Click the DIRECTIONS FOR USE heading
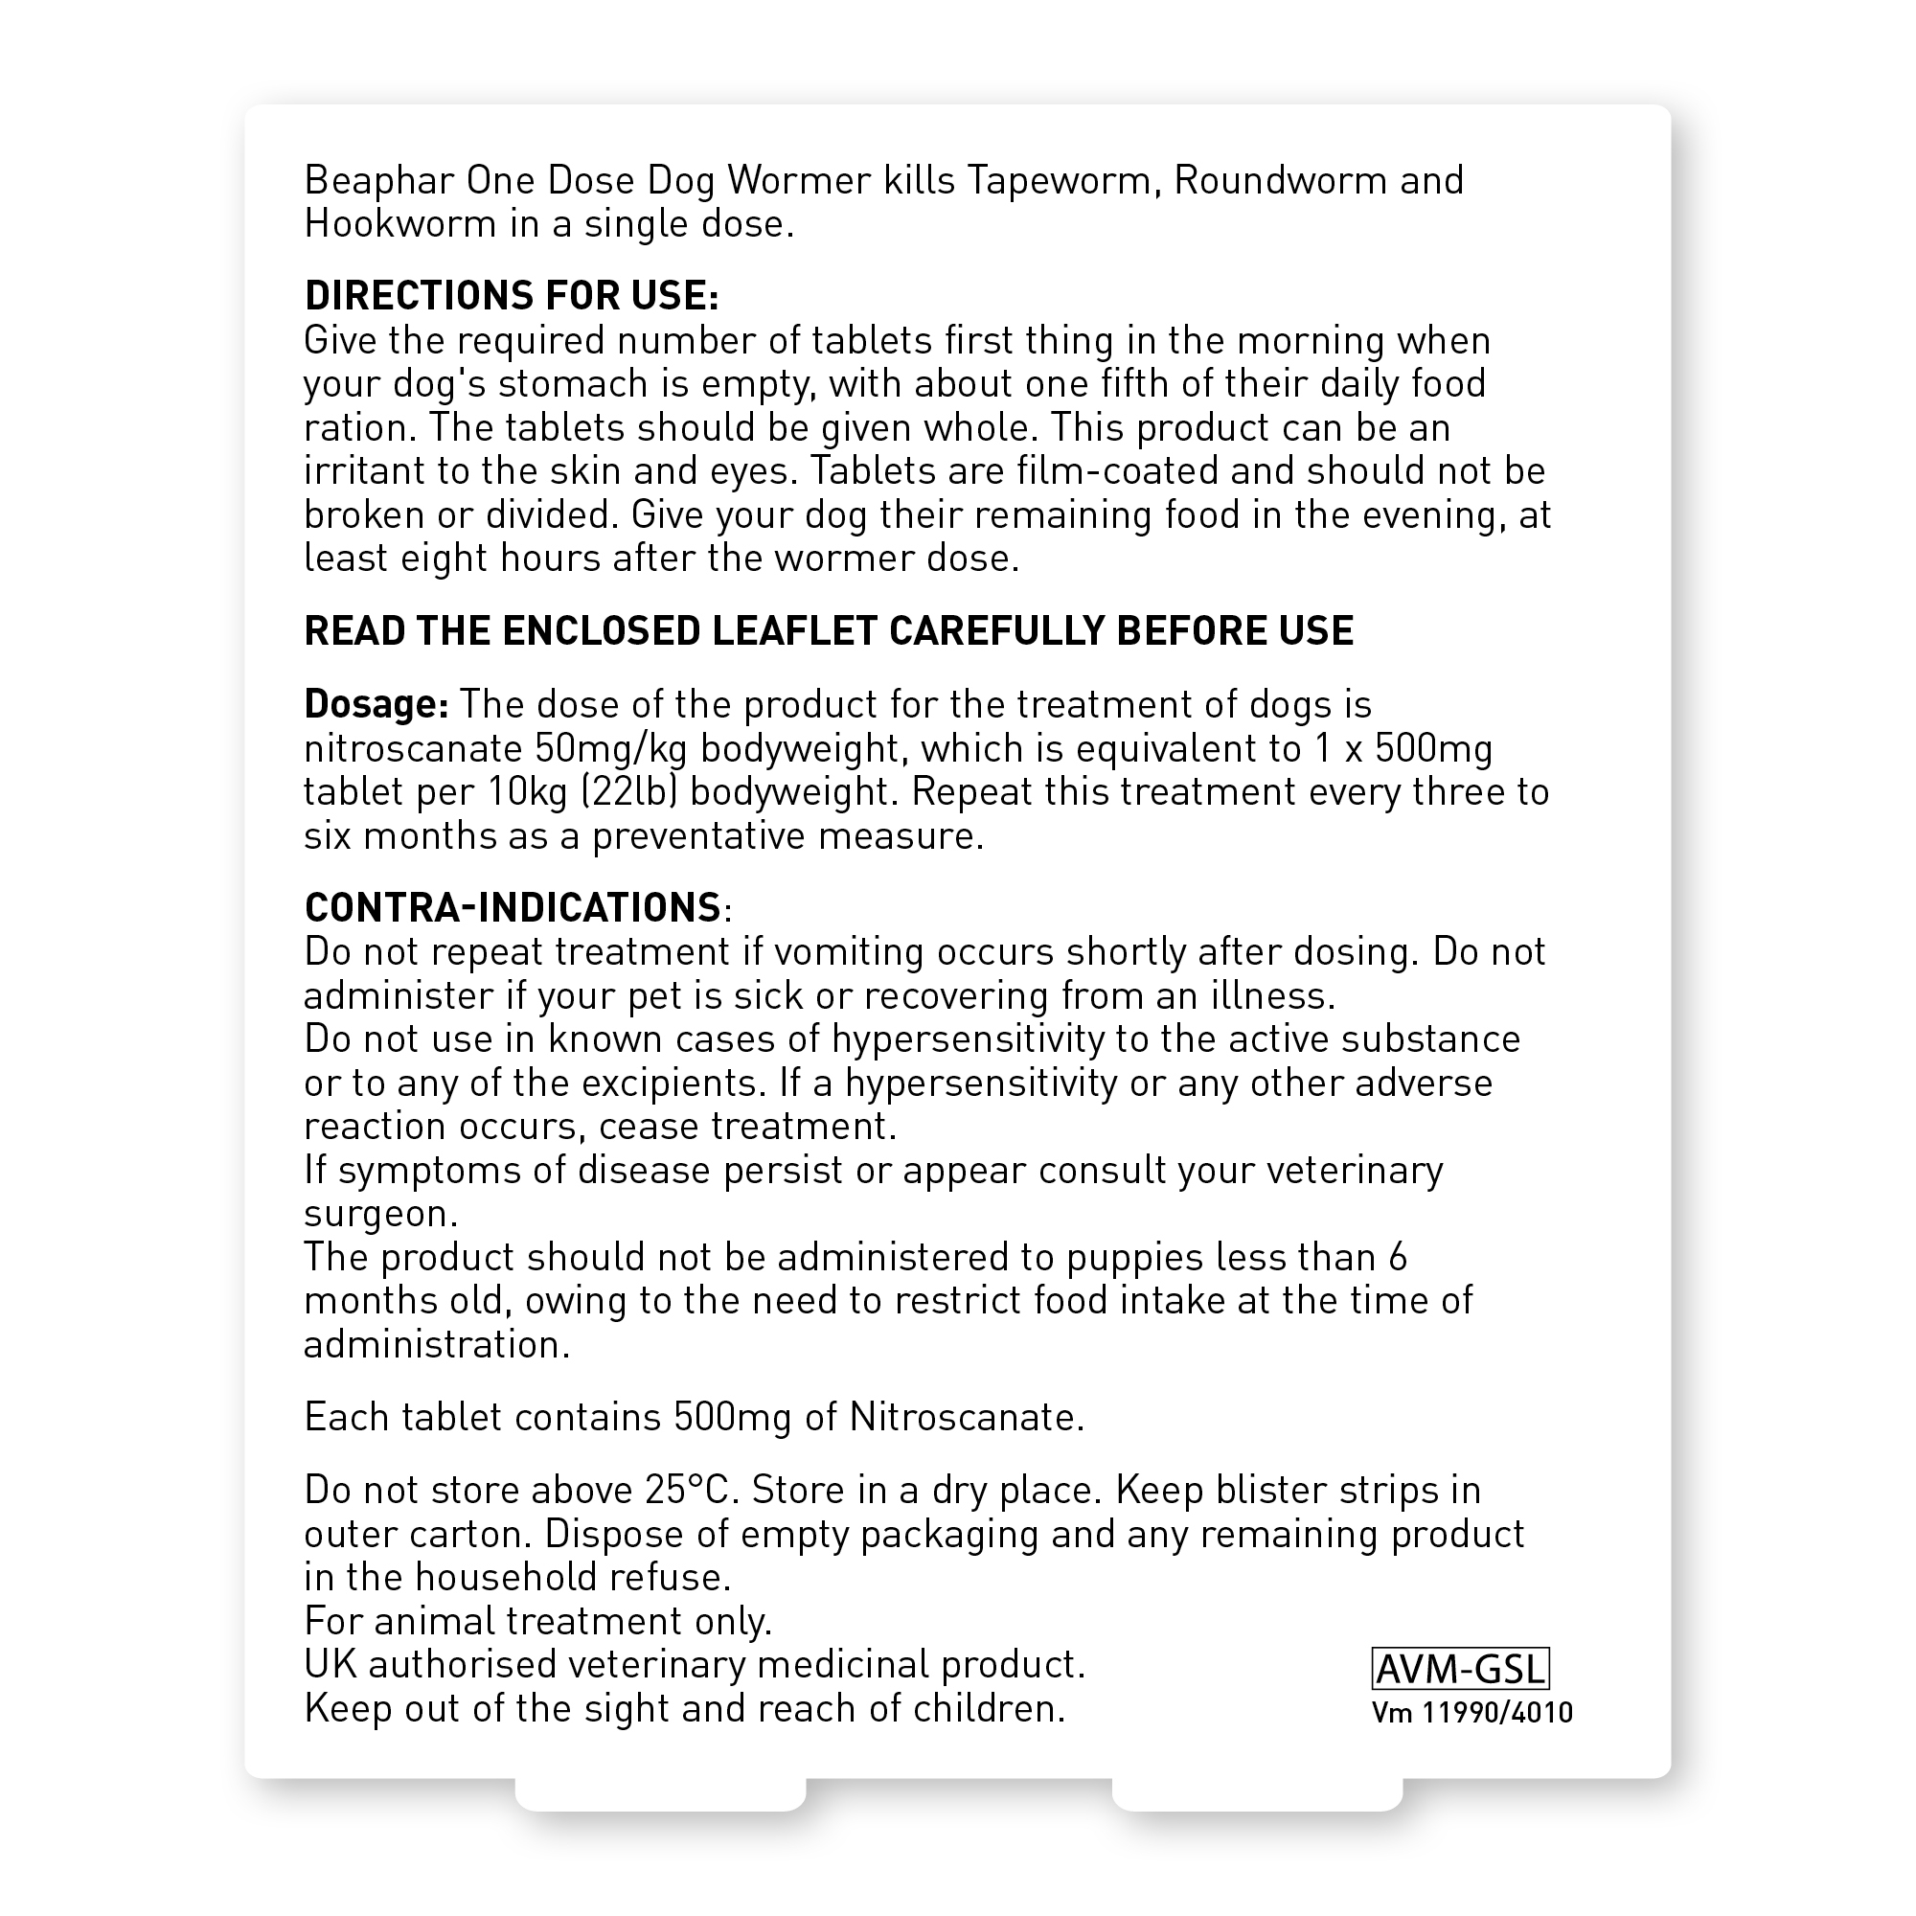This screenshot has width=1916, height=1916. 511,295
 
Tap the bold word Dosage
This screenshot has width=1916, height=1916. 376,705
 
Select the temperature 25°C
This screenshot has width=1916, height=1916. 694,1491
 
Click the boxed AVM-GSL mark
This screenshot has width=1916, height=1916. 1460,1670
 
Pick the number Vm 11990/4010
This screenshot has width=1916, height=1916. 1472,1714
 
